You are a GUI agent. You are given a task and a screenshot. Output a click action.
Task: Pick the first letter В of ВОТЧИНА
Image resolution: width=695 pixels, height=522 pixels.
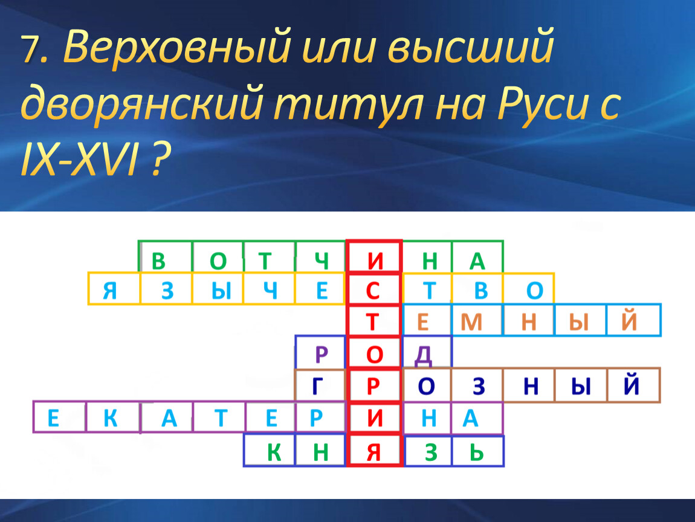[x=159, y=261]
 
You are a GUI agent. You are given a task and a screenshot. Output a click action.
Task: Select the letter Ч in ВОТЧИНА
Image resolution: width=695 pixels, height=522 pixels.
[x=322, y=261]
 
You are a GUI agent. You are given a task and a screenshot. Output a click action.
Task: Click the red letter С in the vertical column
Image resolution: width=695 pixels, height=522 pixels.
[x=373, y=291]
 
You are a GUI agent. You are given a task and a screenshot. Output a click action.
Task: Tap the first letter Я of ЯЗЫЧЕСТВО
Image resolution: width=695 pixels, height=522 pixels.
[x=110, y=291]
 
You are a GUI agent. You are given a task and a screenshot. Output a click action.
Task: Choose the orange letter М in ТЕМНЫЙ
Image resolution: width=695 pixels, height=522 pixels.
[x=471, y=321]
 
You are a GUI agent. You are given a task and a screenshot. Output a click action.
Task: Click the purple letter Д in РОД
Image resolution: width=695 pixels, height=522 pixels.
[x=423, y=355]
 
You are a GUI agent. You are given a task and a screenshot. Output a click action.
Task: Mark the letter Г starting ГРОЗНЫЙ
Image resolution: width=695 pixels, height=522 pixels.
[x=317, y=386]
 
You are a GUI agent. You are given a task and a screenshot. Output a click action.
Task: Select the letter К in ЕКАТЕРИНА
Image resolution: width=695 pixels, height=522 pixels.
[x=111, y=418]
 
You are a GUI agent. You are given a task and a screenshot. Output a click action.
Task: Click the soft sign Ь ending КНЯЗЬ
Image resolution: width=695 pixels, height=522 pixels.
[x=476, y=453]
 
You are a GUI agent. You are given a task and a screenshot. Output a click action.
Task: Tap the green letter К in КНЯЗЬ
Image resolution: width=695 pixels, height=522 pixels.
[x=274, y=453]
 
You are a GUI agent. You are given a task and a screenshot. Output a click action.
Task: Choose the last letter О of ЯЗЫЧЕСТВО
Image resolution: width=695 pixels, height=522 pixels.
[x=535, y=291]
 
